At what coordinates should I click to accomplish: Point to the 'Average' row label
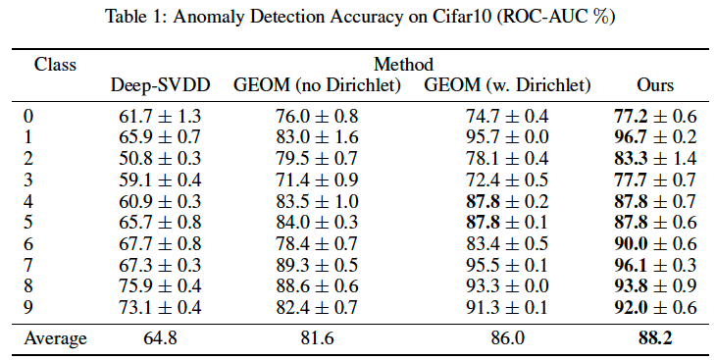pyautogui.click(x=56, y=338)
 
